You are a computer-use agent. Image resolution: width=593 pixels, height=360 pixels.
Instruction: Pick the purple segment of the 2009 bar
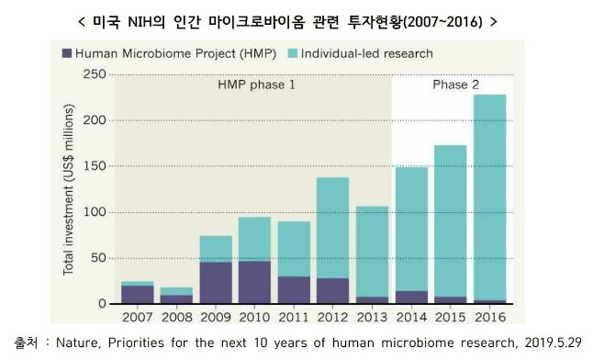[216, 283]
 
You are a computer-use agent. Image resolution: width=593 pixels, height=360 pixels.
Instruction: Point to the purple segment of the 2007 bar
[138, 295]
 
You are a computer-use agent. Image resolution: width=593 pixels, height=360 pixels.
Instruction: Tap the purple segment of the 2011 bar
[294, 290]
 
